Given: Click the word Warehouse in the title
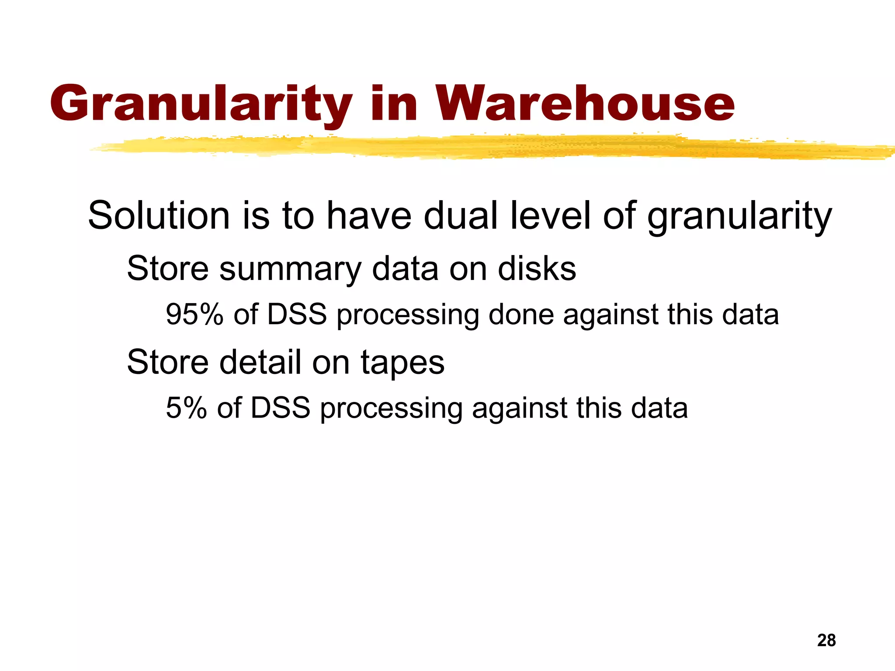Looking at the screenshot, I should tap(586, 104).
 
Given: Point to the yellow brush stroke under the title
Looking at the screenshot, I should tap(481, 147).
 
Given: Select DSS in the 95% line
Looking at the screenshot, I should tap(297, 314).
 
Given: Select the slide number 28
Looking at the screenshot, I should tap(826, 640).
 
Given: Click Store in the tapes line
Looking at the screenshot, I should tap(168, 362).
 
